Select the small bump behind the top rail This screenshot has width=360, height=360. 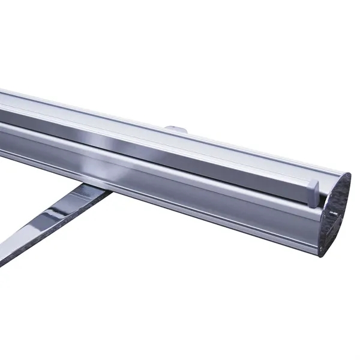(176, 128)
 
